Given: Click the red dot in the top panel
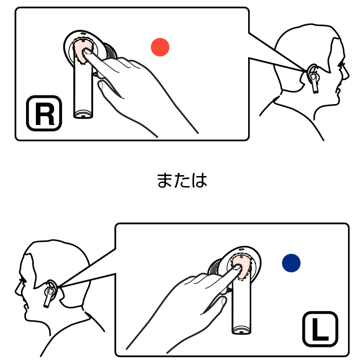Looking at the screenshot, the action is click(x=160, y=47).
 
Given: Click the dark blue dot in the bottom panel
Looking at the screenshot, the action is click(x=291, y=263).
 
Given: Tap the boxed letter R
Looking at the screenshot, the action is click(x=44, y=113).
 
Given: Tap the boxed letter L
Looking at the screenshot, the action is click(x=320, y=329).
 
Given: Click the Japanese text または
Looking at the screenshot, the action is click(x=182, y=180).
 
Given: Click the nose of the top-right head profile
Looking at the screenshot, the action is click(x=348, y=75).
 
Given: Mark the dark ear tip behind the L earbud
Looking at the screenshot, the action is click(x=214, y=267).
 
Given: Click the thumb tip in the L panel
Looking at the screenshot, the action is click(x=224, y=301).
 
